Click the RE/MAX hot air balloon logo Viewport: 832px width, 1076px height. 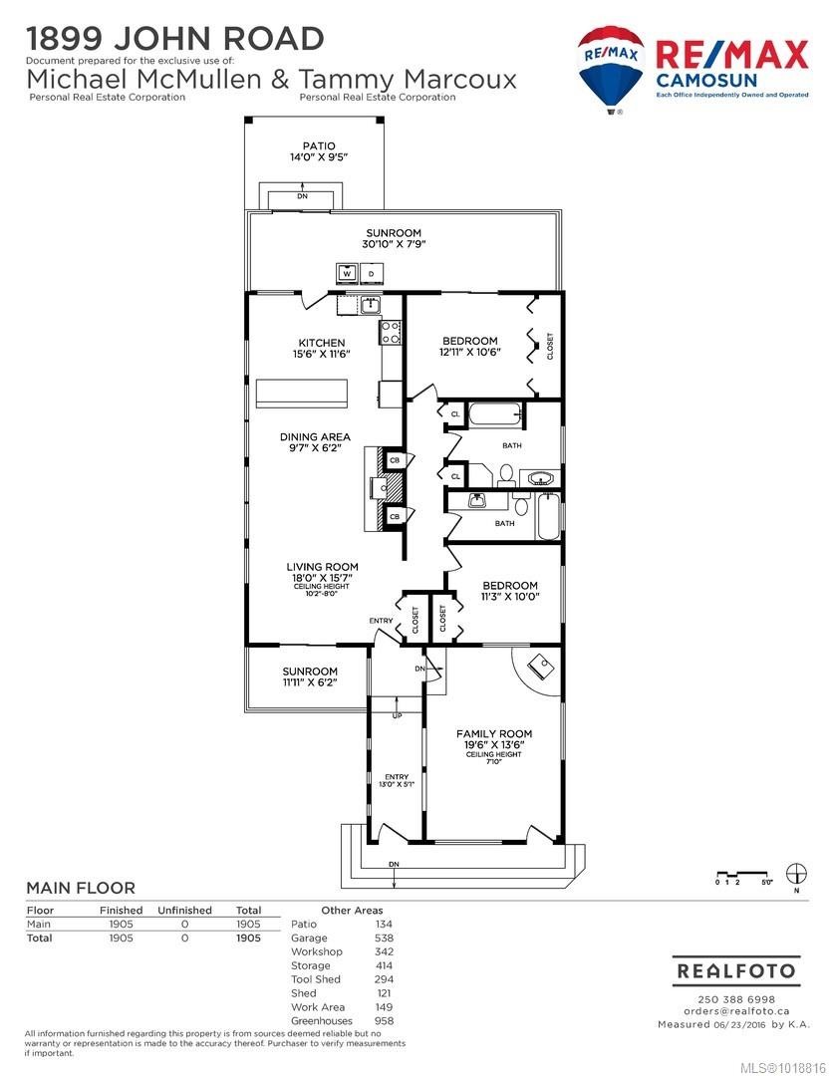coord(611,68)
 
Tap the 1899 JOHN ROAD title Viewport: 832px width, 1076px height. coord(174,39)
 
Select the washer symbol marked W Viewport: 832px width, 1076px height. coord(347,272)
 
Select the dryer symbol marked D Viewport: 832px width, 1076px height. coord(371,272)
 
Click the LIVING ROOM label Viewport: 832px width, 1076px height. coord(322,567)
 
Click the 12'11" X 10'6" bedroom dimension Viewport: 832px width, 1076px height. coord(470,352)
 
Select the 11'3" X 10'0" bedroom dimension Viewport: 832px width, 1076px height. coord(510,597)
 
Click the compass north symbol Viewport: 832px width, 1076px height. coord(795,874)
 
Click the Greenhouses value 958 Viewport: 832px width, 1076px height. coord(384,1020)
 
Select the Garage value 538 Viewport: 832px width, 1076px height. coord(384,938)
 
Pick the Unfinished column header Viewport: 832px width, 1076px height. coord(184,910)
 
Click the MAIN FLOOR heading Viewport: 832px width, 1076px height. coord(80,888)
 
